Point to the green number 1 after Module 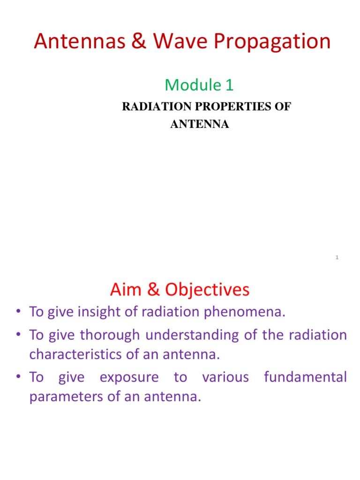coord(229,85)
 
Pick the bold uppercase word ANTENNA coord(199,125)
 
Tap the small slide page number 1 coord(337,257)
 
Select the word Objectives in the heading coord(210,291)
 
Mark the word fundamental coord(305,377)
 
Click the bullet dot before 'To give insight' coord(18,313)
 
